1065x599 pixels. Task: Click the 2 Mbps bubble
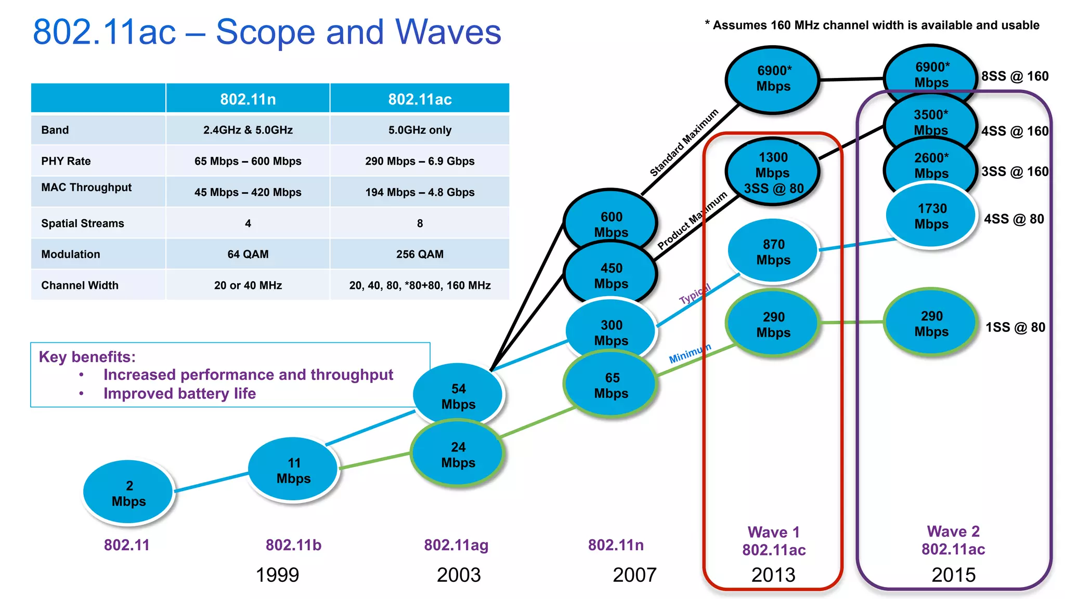pos(128,492)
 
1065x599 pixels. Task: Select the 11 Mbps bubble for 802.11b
pos(293,470)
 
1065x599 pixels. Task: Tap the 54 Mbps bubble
pos(458,396)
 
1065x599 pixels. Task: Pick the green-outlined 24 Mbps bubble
pos(458,455)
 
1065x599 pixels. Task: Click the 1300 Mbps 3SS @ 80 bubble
pos(773,172)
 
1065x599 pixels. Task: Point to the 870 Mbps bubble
pos(773,252)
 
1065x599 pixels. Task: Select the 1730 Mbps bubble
pos(931,216)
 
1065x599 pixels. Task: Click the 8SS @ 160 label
pos(1015,76)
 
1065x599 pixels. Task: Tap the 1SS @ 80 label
pos(1015,327)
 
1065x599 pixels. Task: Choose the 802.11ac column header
pos(420,99)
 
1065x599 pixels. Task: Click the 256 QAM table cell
pos(420,254)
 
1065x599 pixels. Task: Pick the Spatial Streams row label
pos(83,223)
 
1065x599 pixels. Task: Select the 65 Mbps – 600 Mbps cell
pos(248,161)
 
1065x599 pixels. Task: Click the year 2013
pos(773,575)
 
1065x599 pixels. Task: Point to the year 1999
pos(277,575)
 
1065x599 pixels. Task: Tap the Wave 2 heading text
pos(953,531)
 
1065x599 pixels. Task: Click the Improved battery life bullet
pos(179,393)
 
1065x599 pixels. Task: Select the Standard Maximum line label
pos(684,142)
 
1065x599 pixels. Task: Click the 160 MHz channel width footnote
pos(872,25)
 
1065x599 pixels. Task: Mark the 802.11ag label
pos(456,545)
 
